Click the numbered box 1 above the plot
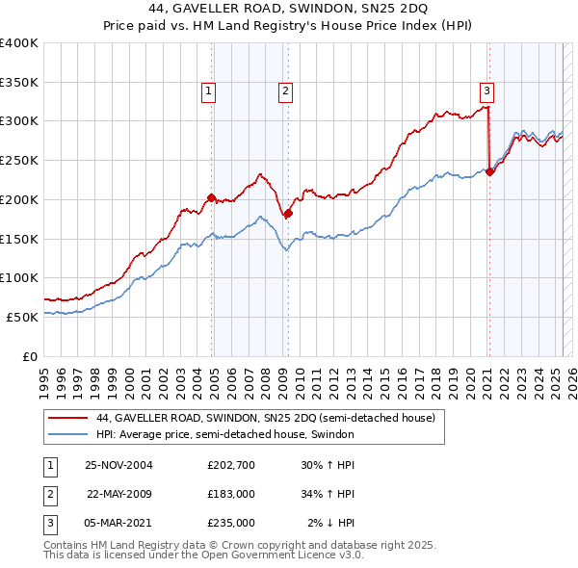point(209,91)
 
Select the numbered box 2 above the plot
point(286,91)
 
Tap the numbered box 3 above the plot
point(487,91)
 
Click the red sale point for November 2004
point(212,197)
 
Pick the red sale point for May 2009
point(288,213)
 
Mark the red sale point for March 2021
point(489,172)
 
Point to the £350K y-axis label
point(19,82)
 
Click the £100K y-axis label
point(19,277)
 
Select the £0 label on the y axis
point(30,355)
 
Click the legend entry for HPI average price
point(225,434)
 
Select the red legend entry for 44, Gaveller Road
point(266,418)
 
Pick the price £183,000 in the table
point(231,494)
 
